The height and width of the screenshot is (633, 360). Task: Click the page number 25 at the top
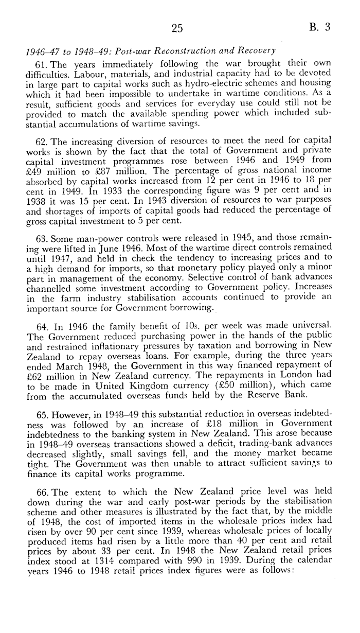pyautogui.click(x=177, y=29)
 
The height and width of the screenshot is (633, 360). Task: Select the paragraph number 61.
pyautogui.click(x=41, y=64)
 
